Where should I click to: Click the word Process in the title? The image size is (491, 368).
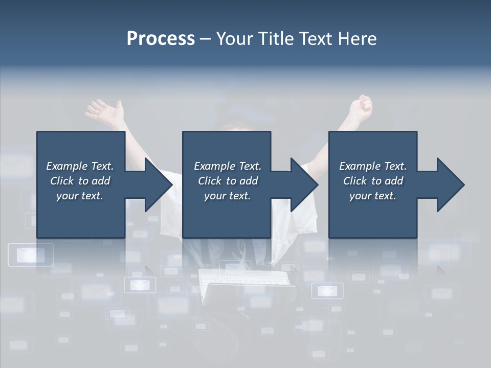[x=161, y=39]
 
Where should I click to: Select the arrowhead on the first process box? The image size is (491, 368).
[x=156, y=185]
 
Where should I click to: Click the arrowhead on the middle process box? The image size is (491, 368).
[x=302, y=185]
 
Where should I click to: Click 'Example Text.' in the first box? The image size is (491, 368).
[x=80, y=166]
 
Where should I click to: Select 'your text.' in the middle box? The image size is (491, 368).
[x=227, y=196]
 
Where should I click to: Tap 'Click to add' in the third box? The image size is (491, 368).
[x=373, y=181]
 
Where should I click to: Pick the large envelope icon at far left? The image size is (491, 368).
[x=31, y=255]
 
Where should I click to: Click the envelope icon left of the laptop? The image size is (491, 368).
[x=140, y=284]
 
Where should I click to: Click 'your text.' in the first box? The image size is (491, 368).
[x=80, y=196]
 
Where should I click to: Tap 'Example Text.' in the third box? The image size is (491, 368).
[x=373, y=166]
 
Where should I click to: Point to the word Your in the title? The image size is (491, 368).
[x=236, y=39]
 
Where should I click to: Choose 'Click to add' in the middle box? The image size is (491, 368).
[x=227, y=181]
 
